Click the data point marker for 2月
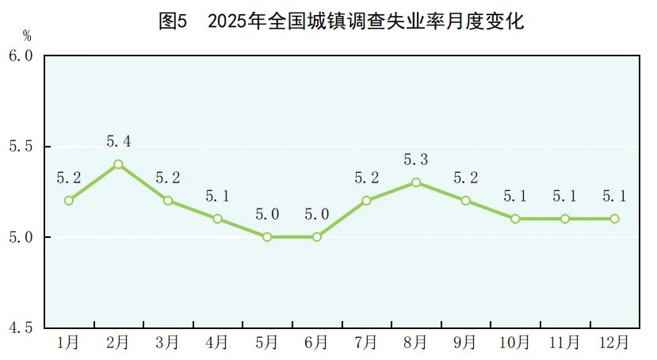[118, 164]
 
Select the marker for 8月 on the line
[416, 182]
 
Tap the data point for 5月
[267, 237]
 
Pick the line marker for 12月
[614, 219]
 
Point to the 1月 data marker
[69, 201]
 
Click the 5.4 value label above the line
[118, 142]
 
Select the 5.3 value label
[416, 160]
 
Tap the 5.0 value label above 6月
[317, 214]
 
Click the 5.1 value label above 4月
[217, 196]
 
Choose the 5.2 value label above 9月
[465, 178]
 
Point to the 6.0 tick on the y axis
[21, 56]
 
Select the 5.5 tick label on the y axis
[21, 147]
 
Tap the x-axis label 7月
[366, 343]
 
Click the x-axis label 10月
[515, 343]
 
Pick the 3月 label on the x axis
[168, 343]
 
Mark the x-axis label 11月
[564, 343]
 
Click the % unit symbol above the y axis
[27, 36]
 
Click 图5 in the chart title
[172, 21]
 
